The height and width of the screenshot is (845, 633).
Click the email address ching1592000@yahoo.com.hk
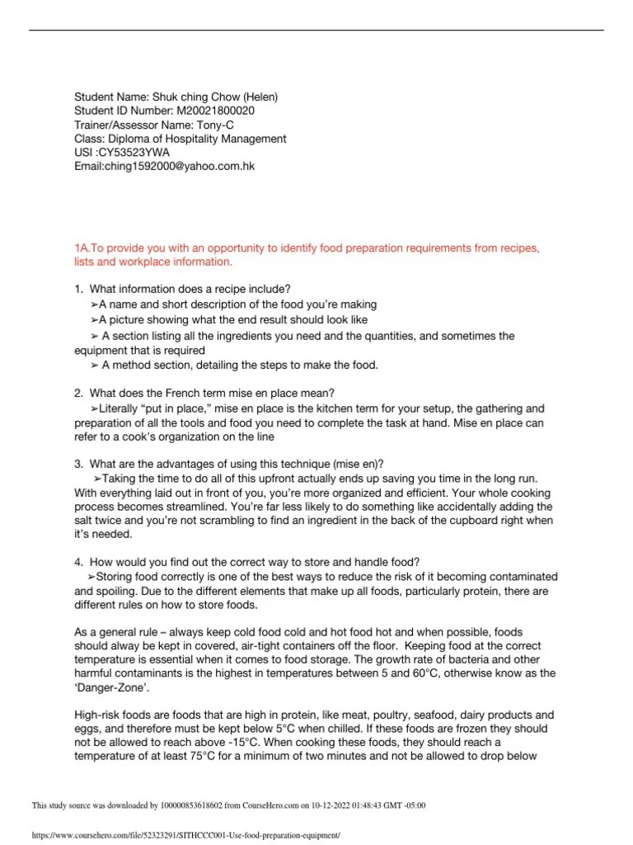coord(180,166)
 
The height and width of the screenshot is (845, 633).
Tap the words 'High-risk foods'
coord(115,714)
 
